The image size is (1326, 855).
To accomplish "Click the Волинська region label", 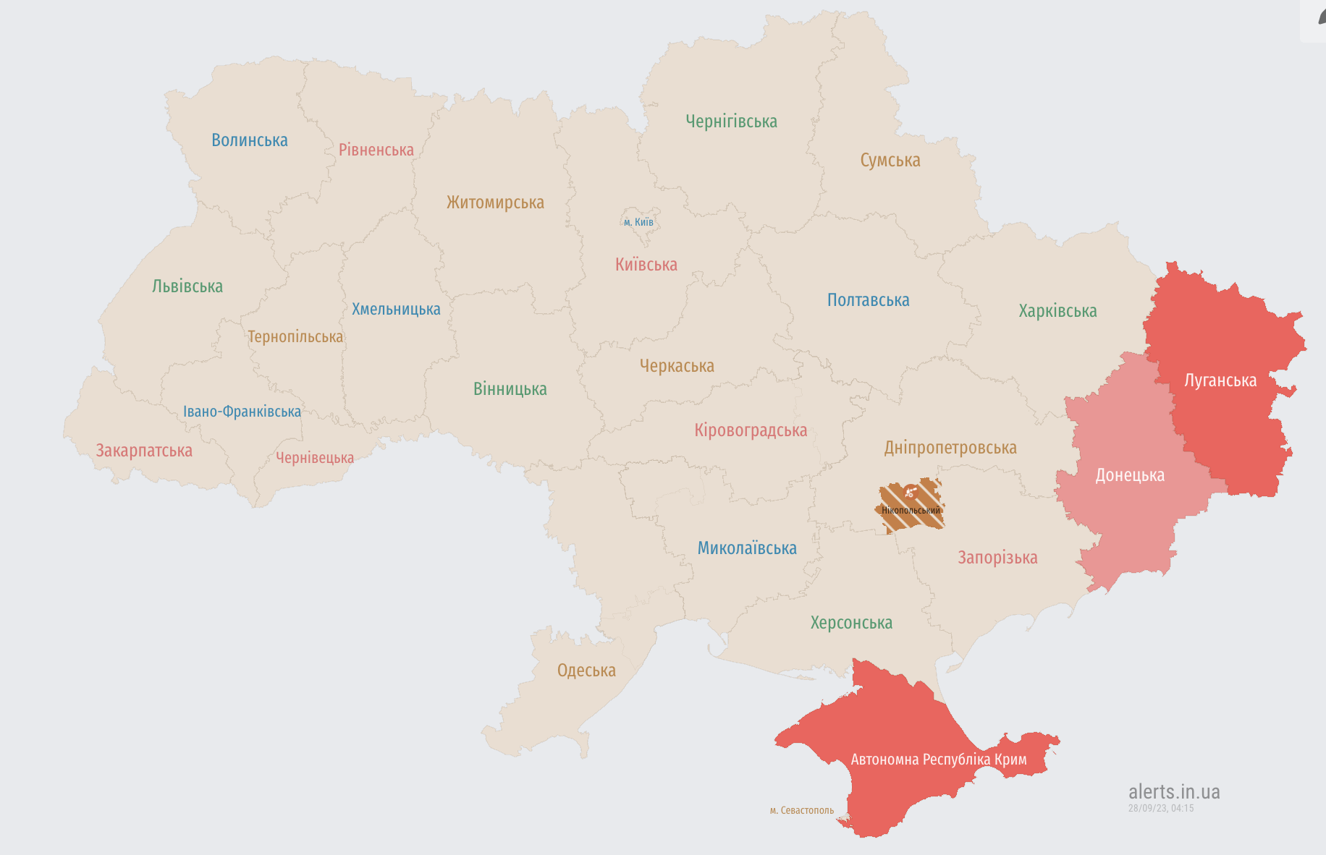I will tap(249, 140).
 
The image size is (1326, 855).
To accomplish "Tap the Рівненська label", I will tap(376, 150).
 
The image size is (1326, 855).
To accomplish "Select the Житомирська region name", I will tap(495, 203).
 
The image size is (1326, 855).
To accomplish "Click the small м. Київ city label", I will tap(638, 222).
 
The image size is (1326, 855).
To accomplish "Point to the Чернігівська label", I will tap(731, 122).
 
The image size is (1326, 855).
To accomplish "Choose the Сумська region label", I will tap(890, 161).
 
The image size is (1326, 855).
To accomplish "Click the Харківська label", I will tap(1057, 311).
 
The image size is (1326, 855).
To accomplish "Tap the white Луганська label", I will tap(1220, 380).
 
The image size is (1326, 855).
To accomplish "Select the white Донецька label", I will tap(1129, 475).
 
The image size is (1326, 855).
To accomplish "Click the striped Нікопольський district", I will tap(911, 506).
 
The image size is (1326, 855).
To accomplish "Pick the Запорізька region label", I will tap(997, 558).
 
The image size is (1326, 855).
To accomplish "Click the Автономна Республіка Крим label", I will tap(938, 760).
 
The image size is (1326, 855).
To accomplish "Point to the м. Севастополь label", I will tap(801, 810).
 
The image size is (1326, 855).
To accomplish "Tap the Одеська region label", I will tap(586, 671).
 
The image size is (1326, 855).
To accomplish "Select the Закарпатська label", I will tap(144, 451).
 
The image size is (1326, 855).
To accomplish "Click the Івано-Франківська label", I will tap(242, 412).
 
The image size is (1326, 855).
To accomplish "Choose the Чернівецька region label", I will tap(314, 458).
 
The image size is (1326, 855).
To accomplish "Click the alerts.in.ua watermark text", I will tap(1173, 792).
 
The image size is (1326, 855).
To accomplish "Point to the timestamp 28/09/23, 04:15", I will tap(1160, 808).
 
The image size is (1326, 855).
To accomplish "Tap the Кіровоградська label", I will tap(750, 430).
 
